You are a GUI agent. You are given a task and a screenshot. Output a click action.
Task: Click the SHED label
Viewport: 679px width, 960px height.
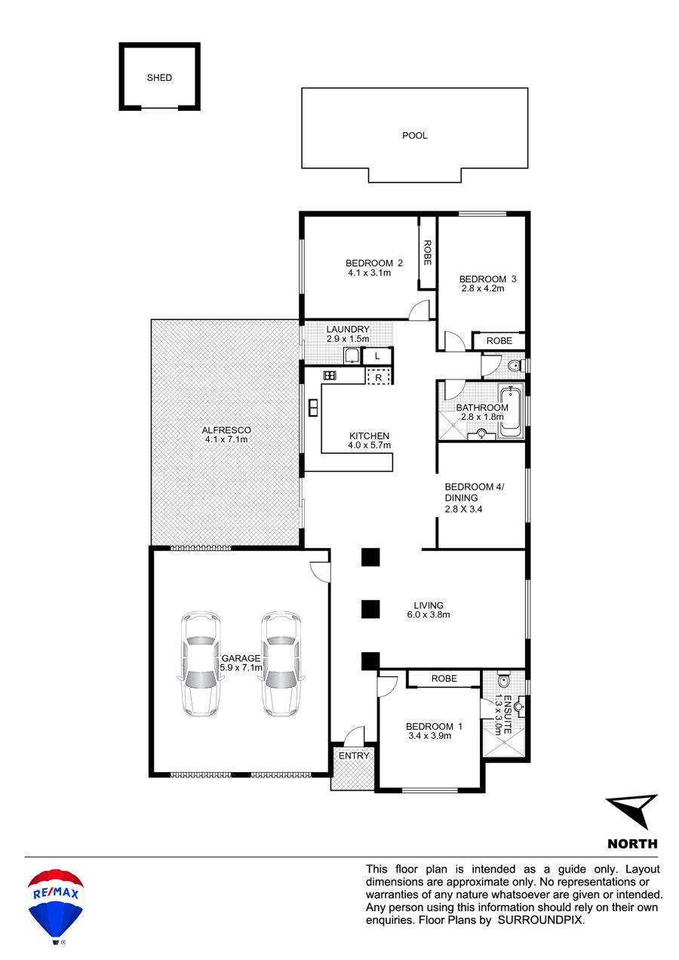159,78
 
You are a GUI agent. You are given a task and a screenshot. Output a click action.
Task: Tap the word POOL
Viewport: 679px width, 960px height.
414,135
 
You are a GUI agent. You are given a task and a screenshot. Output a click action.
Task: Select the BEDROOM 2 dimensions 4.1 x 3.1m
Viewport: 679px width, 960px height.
369,272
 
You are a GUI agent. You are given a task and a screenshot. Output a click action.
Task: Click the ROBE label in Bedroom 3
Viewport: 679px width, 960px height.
499,340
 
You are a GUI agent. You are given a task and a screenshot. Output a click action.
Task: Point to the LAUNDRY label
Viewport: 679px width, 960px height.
348,329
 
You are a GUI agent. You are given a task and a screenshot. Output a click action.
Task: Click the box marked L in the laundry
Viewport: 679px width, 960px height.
377,355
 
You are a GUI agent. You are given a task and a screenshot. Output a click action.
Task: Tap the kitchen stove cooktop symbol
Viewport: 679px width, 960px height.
330,376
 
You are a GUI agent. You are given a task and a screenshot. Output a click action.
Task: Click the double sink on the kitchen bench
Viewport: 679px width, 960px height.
313,408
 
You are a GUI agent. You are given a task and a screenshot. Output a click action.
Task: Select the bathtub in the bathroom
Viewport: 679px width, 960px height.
510,411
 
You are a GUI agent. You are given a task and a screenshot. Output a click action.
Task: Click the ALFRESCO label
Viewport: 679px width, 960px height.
226,430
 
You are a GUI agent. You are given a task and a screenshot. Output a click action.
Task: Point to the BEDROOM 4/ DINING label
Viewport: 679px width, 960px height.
475,492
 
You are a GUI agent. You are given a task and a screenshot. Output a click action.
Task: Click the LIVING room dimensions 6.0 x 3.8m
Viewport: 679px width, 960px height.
429,614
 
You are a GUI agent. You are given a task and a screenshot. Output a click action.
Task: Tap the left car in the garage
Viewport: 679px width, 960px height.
201,663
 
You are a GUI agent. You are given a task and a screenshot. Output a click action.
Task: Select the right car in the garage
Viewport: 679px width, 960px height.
281,663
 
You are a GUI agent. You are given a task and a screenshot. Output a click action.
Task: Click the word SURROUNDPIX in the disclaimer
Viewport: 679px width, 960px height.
540,920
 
